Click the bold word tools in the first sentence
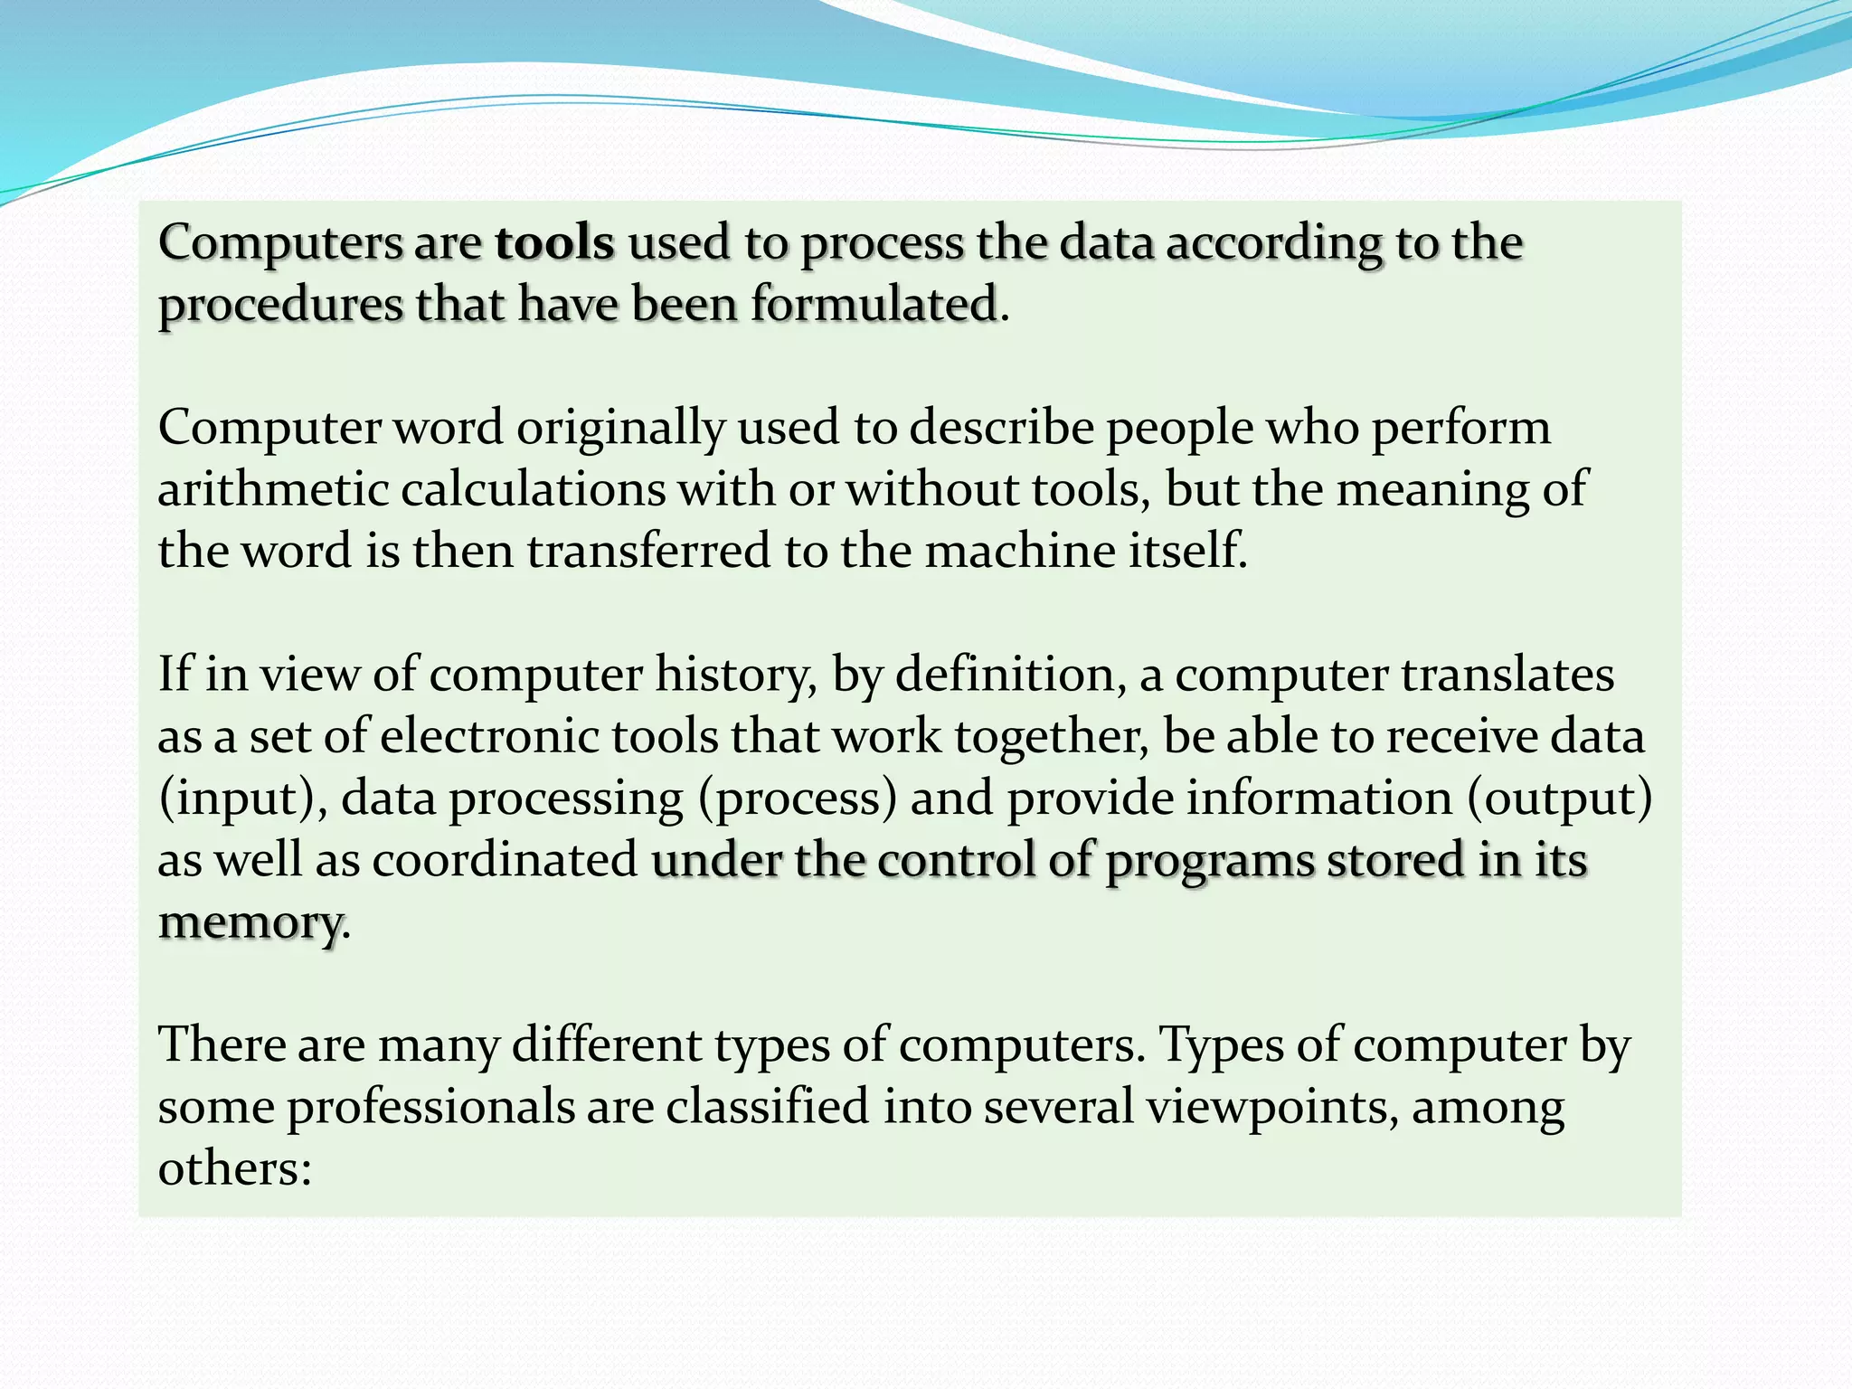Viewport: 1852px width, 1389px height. [x=554, y=243]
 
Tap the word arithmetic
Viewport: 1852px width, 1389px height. [x=273, y=489]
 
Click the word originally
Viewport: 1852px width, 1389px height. [x=620, y=427]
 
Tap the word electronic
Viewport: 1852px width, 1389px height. [x=489, y=736]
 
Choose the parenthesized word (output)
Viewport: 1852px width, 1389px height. [x=1559, y=798]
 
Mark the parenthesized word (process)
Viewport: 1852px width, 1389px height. [x=797, y=798]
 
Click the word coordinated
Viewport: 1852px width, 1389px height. [x=506, y=860]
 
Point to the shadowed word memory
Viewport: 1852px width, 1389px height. [x=250, y=922]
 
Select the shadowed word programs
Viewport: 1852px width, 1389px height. [x=1210, y=860]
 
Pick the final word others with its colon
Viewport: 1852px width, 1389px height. [x=234, y=1168]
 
